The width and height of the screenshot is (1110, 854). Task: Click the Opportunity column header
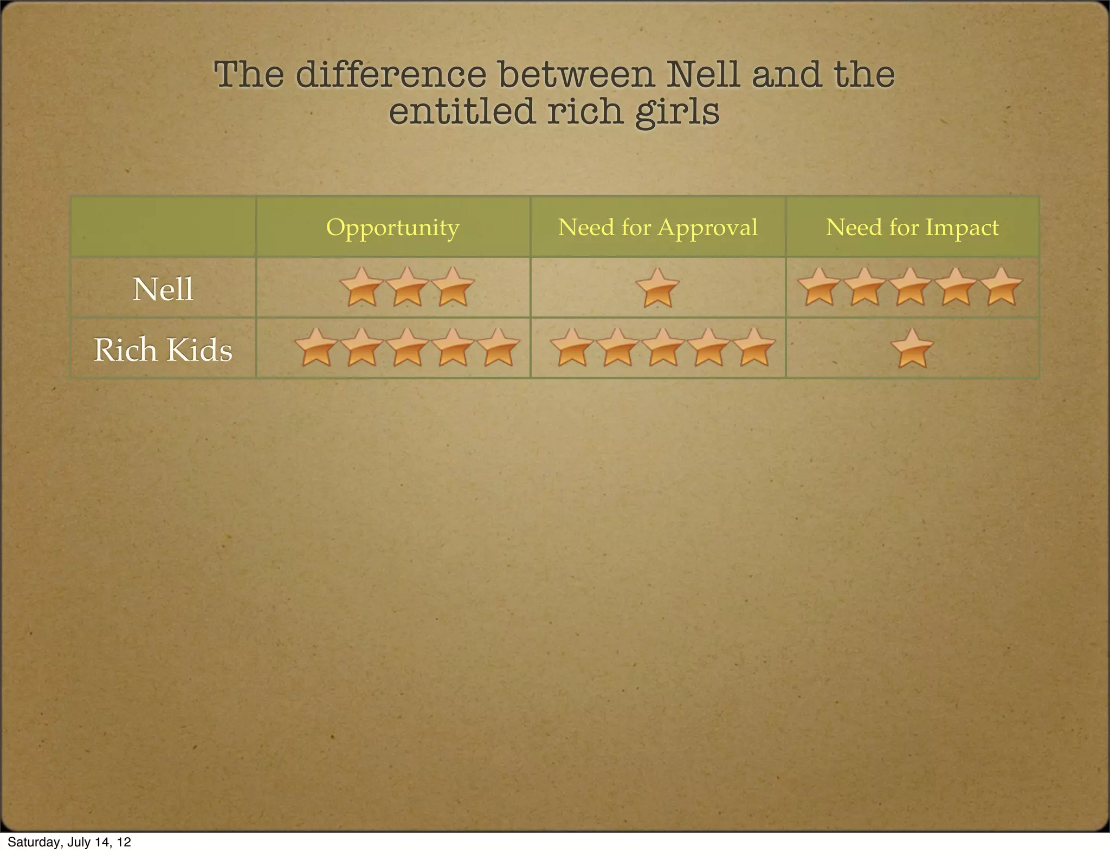[392, 227]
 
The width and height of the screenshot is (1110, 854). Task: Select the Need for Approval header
[657, 227]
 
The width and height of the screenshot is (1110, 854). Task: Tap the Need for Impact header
[912, 227]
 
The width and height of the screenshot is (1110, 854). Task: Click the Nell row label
[163, 289]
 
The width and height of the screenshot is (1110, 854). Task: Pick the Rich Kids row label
[163, 350]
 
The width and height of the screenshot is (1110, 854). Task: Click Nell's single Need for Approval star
[657, 288]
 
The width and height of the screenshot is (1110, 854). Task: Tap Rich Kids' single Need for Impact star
[912, 348]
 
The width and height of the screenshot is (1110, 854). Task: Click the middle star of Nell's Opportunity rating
[407, 287]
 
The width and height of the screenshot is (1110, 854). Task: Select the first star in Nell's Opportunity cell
[362, 287]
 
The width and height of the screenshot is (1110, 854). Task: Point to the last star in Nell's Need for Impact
[1002, 287]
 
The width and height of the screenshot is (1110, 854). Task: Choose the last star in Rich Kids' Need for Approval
[753, 348]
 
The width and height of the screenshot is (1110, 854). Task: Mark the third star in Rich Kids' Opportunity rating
[407, 348]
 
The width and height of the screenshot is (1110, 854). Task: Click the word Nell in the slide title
[702, 74]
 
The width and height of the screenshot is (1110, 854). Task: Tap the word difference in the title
[391, 74]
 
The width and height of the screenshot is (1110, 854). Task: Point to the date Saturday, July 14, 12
[69, 842]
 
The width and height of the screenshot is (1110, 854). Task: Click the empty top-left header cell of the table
[163, 227]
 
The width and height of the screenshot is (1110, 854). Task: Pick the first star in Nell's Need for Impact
[819, 287]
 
